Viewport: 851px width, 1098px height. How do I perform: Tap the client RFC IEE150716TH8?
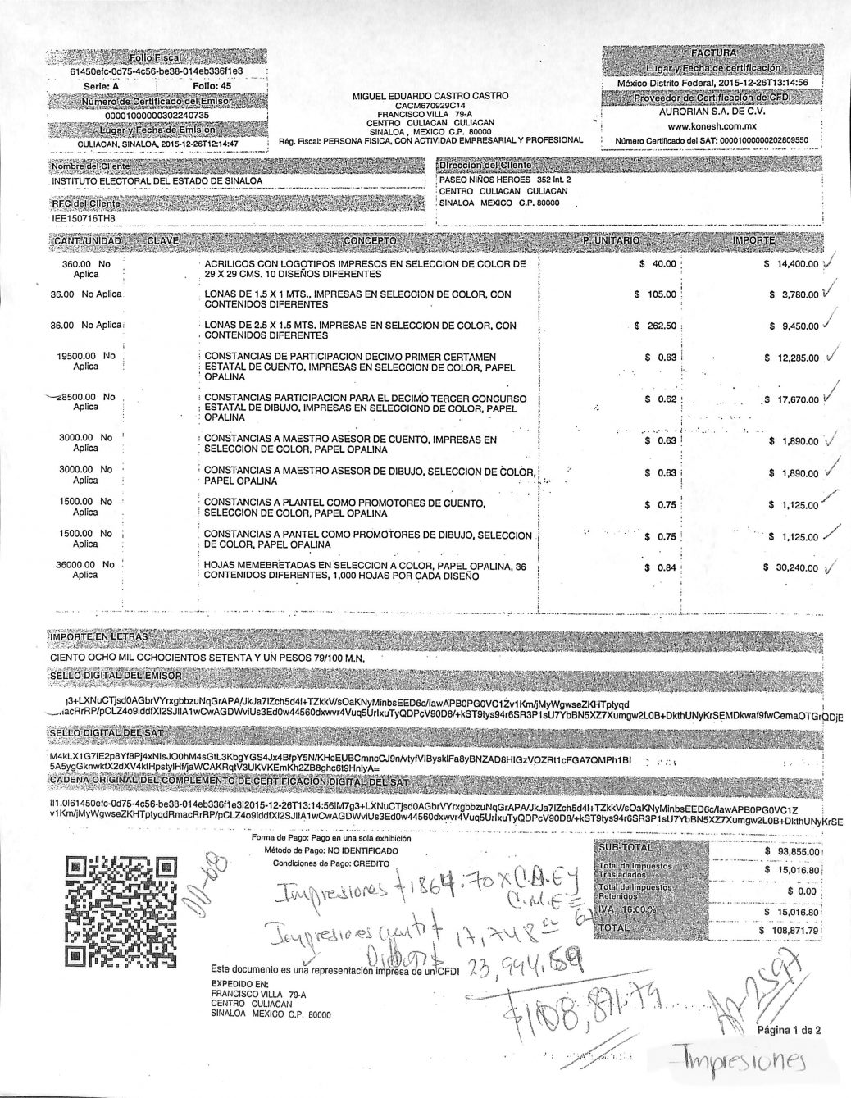[84, 218]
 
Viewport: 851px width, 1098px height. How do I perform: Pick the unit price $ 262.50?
[656, 326]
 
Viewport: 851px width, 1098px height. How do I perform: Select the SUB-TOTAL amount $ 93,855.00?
[792, 851]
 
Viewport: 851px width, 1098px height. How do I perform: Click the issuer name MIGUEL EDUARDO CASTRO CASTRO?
[430, 96]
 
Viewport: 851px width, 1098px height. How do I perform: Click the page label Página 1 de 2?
[789, 1031]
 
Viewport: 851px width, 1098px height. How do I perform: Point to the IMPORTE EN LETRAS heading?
[99, 636]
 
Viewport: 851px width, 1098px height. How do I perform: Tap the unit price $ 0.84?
[660, 567]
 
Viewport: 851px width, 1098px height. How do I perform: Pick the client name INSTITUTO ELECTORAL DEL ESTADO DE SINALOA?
[157, 180]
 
